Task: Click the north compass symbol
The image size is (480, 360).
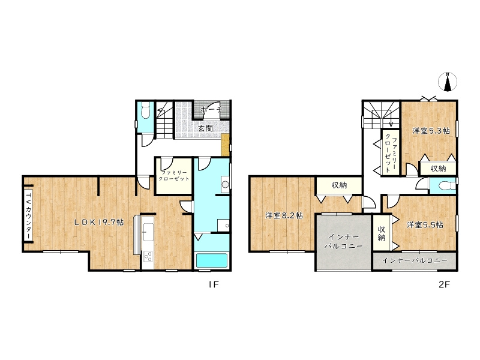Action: [448, 82]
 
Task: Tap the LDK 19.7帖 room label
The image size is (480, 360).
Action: [100, 222]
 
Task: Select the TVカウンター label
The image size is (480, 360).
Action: [28, 215]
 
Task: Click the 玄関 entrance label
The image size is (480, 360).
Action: [205, 128]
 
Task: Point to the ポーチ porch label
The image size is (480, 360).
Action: [211, 109]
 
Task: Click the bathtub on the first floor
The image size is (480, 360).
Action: [212, 260]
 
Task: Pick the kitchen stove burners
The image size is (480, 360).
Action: [148, 256]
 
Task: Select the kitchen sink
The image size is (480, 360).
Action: [148, 232]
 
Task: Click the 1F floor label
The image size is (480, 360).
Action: [214, 284]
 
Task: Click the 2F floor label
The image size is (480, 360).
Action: [444, 284]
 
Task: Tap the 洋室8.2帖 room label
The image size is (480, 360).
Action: [284, 215]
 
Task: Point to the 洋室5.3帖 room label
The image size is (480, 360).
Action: [431, 131]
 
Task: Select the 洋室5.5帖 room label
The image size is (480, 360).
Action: [425, 224]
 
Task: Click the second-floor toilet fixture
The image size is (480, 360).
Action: [444, 185]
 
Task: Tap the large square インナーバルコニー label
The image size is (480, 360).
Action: [343, 241]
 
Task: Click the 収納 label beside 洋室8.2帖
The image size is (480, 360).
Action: [339, 185]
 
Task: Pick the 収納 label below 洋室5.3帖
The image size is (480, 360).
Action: [438, 169]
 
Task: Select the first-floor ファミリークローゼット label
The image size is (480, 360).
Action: [173, 176]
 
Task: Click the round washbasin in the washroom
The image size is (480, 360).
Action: [226, 185]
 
